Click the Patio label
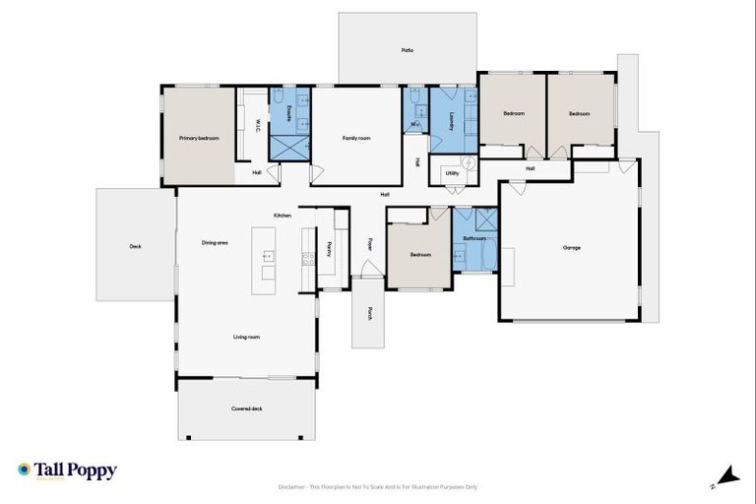pos(408,49)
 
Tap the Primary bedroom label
pos(199,139)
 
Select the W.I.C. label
pos(257,126)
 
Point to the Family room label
pos(356,139)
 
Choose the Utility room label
pos(452,173)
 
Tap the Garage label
pos(572,247)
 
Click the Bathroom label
pos(475,238)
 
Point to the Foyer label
pos(371,243)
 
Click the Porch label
pos(370,313)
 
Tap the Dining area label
pos(215,242)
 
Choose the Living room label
pos(246,337)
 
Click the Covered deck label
pos(246,408)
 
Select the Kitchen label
pos(283,216)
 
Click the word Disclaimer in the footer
pos(294,486)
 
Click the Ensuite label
pos(287,114)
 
